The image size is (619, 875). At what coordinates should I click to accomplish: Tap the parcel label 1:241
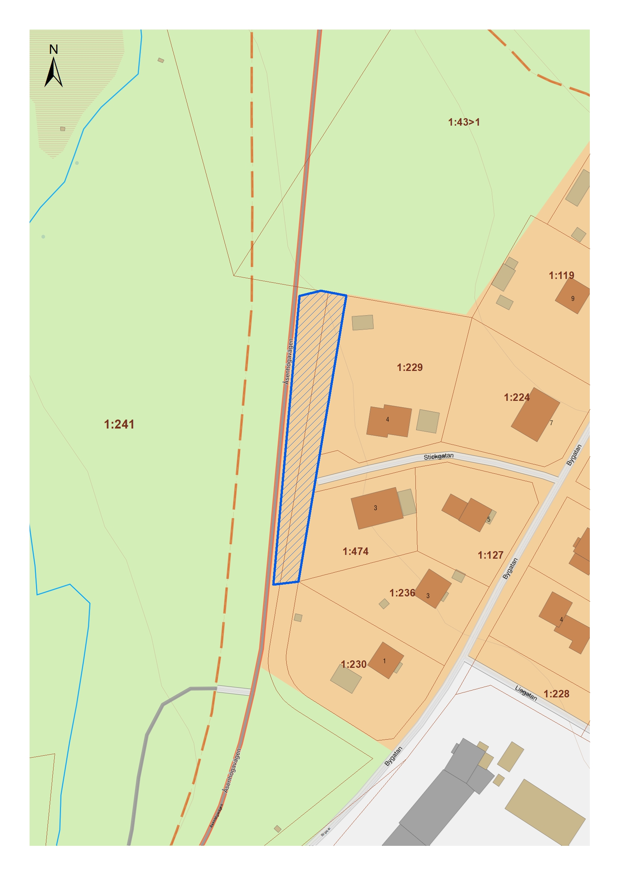tap(119, 424)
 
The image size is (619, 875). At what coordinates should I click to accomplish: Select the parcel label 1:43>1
tap(464, 122)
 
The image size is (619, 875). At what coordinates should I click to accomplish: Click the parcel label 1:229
tap(410, 367)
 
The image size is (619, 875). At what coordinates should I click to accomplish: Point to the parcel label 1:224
tap(516, 397)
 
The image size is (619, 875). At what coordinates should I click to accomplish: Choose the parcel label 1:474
tap(355, 552)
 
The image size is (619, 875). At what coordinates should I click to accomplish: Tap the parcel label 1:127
tap(491, 555)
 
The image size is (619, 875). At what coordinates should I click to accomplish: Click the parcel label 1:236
tap(402, 593)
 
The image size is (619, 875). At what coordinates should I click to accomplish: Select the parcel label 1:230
tap(353, 664)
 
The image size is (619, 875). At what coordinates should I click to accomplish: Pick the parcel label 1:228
tap(556, 694)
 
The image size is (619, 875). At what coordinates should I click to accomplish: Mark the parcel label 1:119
tap(561, 276)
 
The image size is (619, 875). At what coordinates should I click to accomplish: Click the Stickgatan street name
tap(439, 456)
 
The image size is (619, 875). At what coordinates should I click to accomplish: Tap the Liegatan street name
tap(526, 693)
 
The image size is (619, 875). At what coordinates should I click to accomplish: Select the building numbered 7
tap(535, 414)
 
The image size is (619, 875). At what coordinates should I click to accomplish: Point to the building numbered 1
tap(385, 660)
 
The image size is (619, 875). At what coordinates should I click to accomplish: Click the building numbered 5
tap(475, 515)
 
